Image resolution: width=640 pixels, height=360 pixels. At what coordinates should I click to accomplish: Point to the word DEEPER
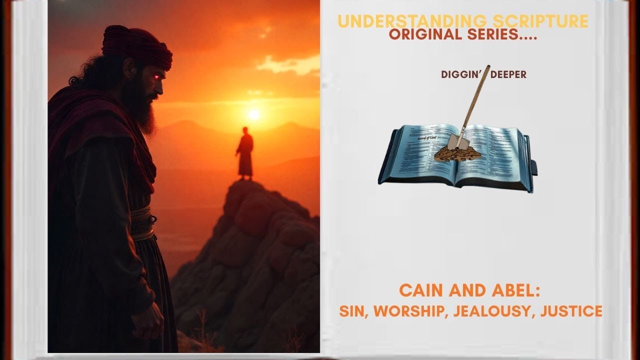pos(509,74)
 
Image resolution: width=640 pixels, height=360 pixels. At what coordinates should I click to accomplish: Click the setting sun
pos(254,114)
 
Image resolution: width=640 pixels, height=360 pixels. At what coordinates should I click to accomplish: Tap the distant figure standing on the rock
pos(245,152)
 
